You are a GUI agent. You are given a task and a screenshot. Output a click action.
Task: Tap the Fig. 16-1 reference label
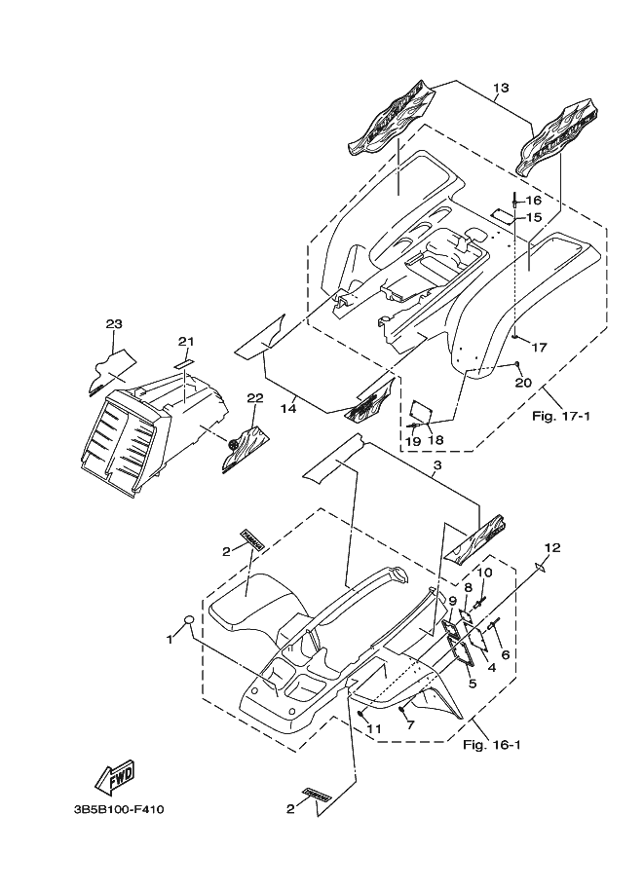493,746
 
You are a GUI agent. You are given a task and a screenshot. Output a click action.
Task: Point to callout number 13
501,88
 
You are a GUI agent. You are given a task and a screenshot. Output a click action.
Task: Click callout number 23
113,323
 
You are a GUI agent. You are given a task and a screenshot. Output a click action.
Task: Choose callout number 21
186,341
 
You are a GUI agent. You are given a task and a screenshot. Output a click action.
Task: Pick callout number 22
255,397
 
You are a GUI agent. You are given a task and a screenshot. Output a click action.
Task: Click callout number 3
438,468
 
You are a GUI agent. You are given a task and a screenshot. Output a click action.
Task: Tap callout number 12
552,547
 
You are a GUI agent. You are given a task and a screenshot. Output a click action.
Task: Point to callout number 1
169,640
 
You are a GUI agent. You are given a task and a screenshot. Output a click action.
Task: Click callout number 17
540,347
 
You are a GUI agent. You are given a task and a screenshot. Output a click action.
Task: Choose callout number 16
534,201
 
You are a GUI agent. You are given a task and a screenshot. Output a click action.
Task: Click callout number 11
372,728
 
